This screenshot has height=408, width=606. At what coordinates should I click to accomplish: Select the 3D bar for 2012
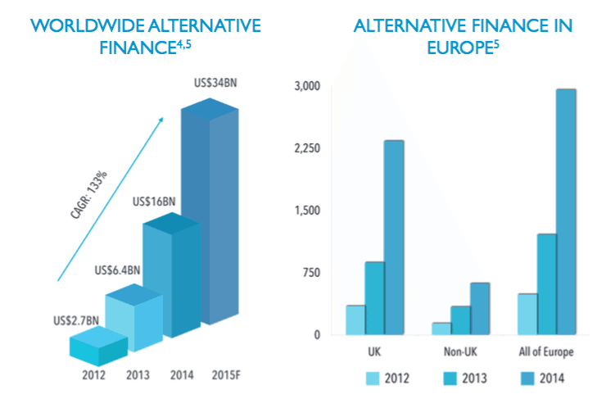coord(97,347)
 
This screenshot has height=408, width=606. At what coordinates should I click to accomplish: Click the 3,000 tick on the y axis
coord(307,86)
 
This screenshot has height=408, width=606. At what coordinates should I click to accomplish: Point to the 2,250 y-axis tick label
coord(307,148)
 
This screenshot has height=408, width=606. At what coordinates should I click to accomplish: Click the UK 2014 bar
coord(394,238)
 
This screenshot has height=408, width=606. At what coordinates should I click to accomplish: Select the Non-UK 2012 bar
coord(441,329)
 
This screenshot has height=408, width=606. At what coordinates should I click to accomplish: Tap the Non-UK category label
coord(460,352)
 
